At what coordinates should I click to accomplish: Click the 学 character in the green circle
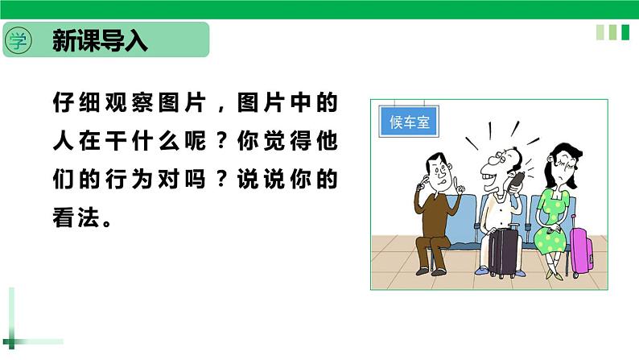click(x=19, y=40)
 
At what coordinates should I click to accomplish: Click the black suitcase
click(x=504, y=250)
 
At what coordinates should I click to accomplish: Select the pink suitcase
click(x=580, y=250)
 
